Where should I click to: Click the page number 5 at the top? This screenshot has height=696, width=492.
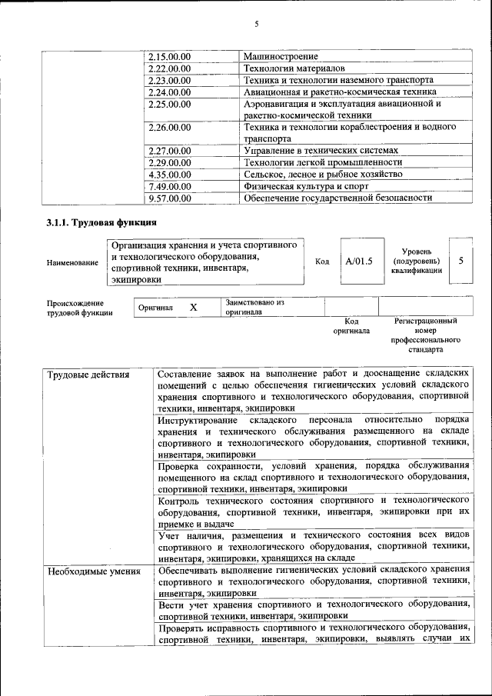pyautogui.click(x=257, y=25)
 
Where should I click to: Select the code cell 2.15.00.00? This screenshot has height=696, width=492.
pyautogui.click(x=170, y=57)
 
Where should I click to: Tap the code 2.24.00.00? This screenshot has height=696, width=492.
pyautogui.click(x=170, y=92)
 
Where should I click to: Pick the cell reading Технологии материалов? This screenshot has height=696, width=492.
pyautogui.click(x=289, y=68)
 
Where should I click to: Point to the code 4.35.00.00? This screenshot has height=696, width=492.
pyautogui.click(x=170, y=175)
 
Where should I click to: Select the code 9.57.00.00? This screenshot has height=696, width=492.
pyautogui.click(x=170, y=198)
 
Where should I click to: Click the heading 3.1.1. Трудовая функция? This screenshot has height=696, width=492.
pyautogui.click(x=102, y=224)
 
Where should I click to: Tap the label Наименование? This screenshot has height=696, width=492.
pyautogui.click(x=72, y=263)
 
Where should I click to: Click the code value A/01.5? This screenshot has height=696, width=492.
pyautogui.click(x=358, y=261)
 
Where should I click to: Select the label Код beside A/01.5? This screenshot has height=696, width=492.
pyautogui.click(x=322, y=261)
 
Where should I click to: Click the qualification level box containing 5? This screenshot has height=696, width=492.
pyautogui.click(x=460, y=261)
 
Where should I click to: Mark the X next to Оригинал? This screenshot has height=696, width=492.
pyautogui.click(x=193, y=308)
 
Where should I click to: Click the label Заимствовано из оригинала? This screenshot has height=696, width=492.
pyautogui.click(x=254, y=308)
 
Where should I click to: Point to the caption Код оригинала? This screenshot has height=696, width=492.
pyautogui.click(x=351, y=326)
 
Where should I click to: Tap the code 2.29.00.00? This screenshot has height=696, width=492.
pyautogui.click(x=170, y=163)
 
